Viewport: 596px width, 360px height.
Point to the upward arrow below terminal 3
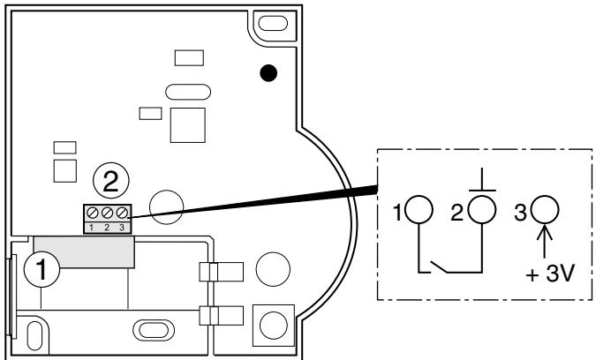click(546, 240)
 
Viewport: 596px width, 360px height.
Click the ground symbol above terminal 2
click(482, 179)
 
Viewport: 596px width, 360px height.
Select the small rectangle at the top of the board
click(187, 58)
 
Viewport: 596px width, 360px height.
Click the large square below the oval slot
click(188, 123)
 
